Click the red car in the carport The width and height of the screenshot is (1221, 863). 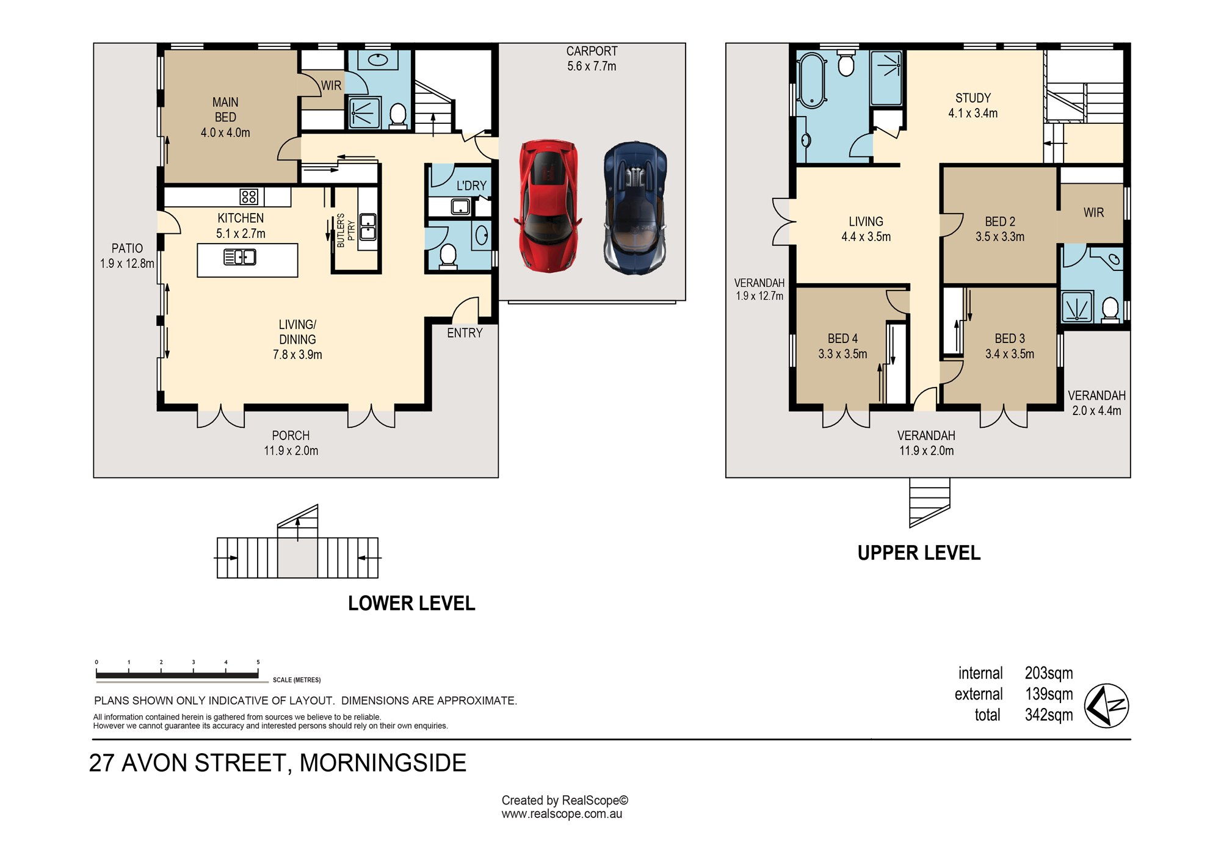pos(549,206)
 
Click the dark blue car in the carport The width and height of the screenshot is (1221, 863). pos(635,208)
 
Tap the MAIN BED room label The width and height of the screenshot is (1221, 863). pos(225,110)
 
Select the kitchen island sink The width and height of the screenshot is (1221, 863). pos(240,258)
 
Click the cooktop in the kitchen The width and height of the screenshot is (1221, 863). pos(248,197)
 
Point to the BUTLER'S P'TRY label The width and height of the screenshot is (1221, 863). pos(346,230)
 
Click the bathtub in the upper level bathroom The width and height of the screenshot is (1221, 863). pos(812,81)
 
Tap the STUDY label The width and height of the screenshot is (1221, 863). pos(973,98)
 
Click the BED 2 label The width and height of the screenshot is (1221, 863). pos(1000,222)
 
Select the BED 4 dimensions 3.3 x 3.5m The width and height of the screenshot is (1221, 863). pos(842,354)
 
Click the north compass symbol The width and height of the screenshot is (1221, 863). pos(1106,706)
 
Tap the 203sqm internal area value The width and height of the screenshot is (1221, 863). pos(1049,673)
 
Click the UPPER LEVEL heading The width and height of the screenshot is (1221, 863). pos(919,553)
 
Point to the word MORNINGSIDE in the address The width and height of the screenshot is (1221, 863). pos(383,763)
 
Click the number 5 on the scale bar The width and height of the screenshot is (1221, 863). pos(258,662)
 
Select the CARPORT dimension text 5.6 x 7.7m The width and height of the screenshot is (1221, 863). pos(592,66)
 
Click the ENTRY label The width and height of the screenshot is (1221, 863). pos(465,333)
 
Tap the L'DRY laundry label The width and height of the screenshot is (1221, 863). pos(471,186)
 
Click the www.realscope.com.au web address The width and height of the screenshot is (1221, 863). pos(562,814)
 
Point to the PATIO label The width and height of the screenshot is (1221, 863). pos(127,248)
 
